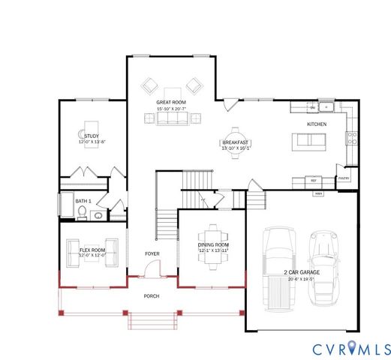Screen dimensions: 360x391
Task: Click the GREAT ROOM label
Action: tap(171, 102)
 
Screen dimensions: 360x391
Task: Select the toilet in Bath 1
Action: tap(82, 214)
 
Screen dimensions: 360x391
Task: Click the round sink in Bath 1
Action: tap(98, 215)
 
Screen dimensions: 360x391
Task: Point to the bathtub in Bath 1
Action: tap(64, 205)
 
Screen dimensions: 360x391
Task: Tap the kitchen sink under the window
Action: tap(317, 107)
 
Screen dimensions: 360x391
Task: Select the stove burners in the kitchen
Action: tap(350, 137)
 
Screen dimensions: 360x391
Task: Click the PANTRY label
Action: tap(344, 178)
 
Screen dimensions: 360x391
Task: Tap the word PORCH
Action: tap(152, 296)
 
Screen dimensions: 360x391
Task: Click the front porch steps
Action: tap(152, 321)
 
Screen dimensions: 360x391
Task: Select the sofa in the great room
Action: tap(172, 118)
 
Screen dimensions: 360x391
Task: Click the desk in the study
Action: tap(91, 124)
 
